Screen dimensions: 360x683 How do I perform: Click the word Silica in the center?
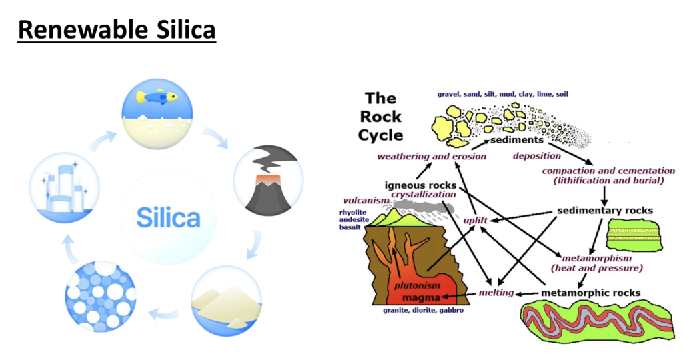coord(168,217)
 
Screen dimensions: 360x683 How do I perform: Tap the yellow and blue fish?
coord(158,97)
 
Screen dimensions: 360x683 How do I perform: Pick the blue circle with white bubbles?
coord(100,296)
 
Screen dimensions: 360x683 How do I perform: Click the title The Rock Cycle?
coord(382,117)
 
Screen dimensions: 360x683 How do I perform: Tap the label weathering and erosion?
coord(432,157)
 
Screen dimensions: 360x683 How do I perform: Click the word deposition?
coord(537,156)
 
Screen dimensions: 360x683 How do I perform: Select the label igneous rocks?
coord(420,184)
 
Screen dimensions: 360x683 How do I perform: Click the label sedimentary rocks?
coord(604,211)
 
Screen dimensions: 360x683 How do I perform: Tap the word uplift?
coord(476,220)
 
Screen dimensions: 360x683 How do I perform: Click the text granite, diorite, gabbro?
coord(422,311)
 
